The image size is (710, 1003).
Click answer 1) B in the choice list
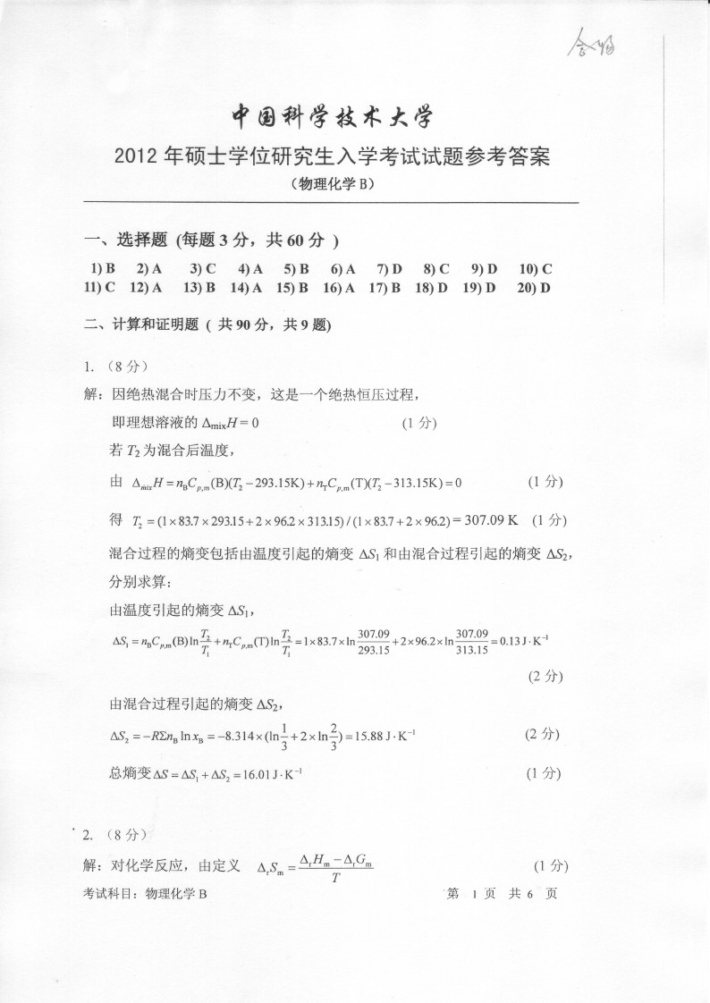tap(104, 268)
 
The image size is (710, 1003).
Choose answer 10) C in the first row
tap(535, 268)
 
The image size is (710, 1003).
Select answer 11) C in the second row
tap(99, 287)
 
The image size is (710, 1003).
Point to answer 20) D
tap(533, 287)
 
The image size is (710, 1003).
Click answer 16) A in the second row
tap(339, 287)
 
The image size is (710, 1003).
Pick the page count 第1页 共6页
tap(501, 893)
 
